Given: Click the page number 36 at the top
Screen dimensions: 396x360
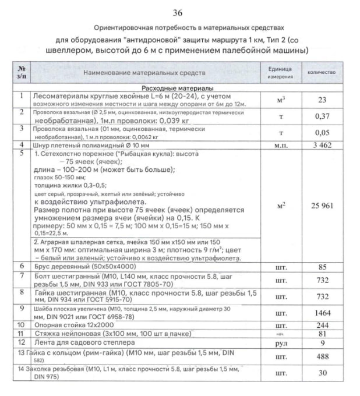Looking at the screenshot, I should coord(178,13).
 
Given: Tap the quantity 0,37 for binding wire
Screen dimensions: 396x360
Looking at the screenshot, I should coord(322,116).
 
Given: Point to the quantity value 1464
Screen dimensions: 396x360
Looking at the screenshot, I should coord(322,312).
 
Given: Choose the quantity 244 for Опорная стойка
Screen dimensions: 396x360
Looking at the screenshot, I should coord(322,325).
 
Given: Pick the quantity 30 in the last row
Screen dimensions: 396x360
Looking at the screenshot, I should coord(322,373).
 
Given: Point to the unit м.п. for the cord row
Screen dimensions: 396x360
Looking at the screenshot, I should coord(283,144).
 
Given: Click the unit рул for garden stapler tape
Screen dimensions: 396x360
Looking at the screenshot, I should coord(283,344).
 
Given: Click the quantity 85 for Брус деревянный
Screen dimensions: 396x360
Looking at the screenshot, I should coord(322,267).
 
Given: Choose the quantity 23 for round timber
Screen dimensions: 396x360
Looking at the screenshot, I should coord(322,100).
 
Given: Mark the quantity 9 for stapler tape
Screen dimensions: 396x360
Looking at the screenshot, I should coord(322,344).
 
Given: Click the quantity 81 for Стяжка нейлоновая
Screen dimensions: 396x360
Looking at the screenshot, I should coord(322,334).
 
